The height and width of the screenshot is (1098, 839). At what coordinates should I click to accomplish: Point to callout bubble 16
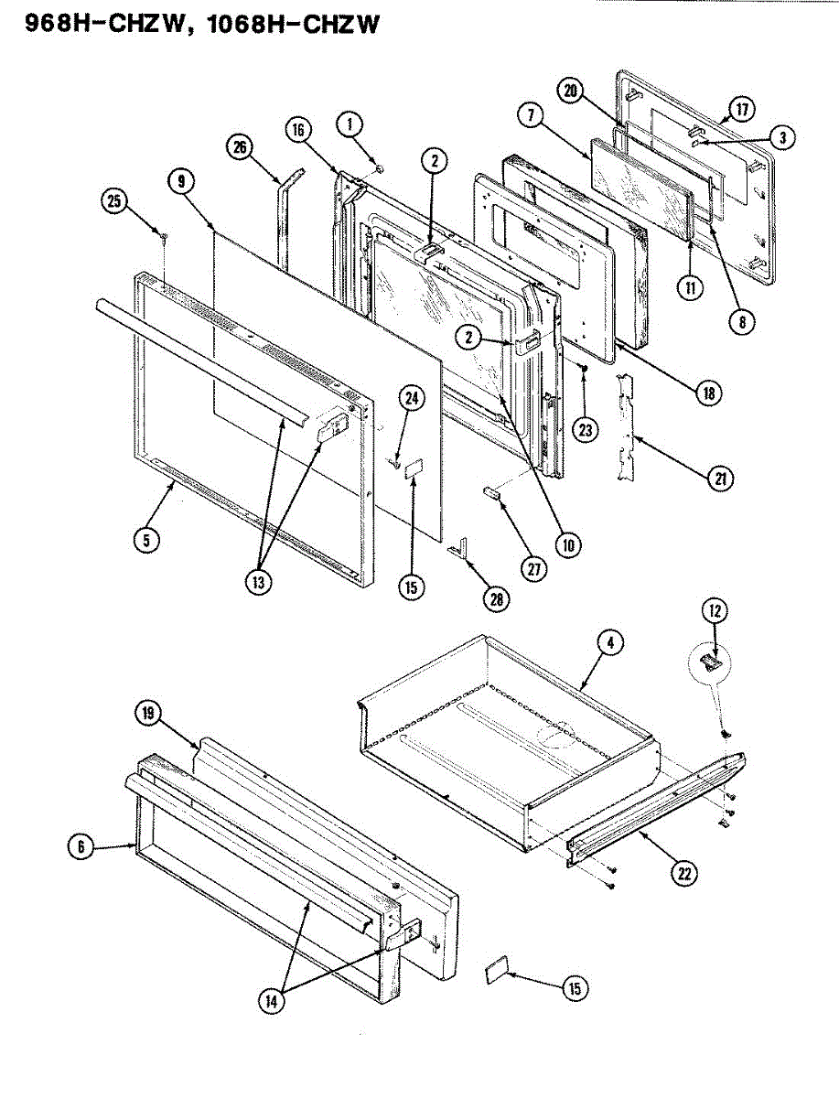click(298, 129)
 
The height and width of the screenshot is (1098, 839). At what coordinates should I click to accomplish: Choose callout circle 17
click(739, 110)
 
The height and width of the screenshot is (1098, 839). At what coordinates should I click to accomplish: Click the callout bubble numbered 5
click(145, 539)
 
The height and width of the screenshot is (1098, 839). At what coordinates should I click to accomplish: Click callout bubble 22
click(683, 872)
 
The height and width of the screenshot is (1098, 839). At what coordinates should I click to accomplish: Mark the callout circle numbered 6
click(81, 847)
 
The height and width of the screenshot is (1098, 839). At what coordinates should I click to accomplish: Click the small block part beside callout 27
click(492, 492)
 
